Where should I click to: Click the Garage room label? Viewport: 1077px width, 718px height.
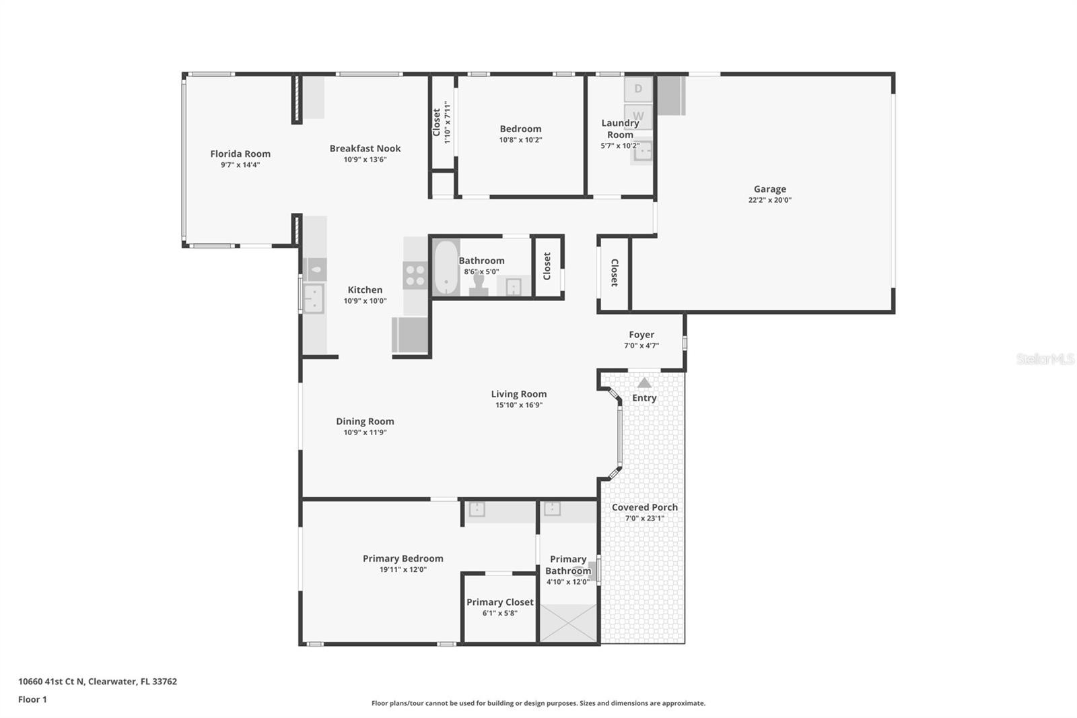769,189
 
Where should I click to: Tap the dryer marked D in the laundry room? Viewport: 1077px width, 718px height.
638,89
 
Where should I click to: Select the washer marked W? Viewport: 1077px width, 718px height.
638,116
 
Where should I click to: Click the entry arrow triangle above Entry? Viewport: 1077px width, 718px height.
644,383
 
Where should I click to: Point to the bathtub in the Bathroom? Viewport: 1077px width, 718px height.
445,267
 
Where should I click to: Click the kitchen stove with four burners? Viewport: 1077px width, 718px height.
415,275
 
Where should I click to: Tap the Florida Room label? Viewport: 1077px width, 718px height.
240,154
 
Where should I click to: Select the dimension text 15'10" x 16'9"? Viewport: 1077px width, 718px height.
519,405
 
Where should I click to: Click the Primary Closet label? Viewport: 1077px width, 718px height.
499,602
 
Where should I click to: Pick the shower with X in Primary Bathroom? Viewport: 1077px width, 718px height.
569,623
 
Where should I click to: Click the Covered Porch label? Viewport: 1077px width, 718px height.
644,507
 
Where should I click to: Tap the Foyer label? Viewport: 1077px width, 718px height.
641,335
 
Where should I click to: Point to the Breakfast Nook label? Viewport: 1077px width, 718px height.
365,148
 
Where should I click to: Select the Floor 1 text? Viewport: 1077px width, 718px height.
32,699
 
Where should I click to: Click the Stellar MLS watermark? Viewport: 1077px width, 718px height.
1045,360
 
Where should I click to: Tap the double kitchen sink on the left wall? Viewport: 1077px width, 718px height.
313,298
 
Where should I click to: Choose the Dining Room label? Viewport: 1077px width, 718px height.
365,422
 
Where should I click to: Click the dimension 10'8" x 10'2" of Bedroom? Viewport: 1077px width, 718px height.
520,140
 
